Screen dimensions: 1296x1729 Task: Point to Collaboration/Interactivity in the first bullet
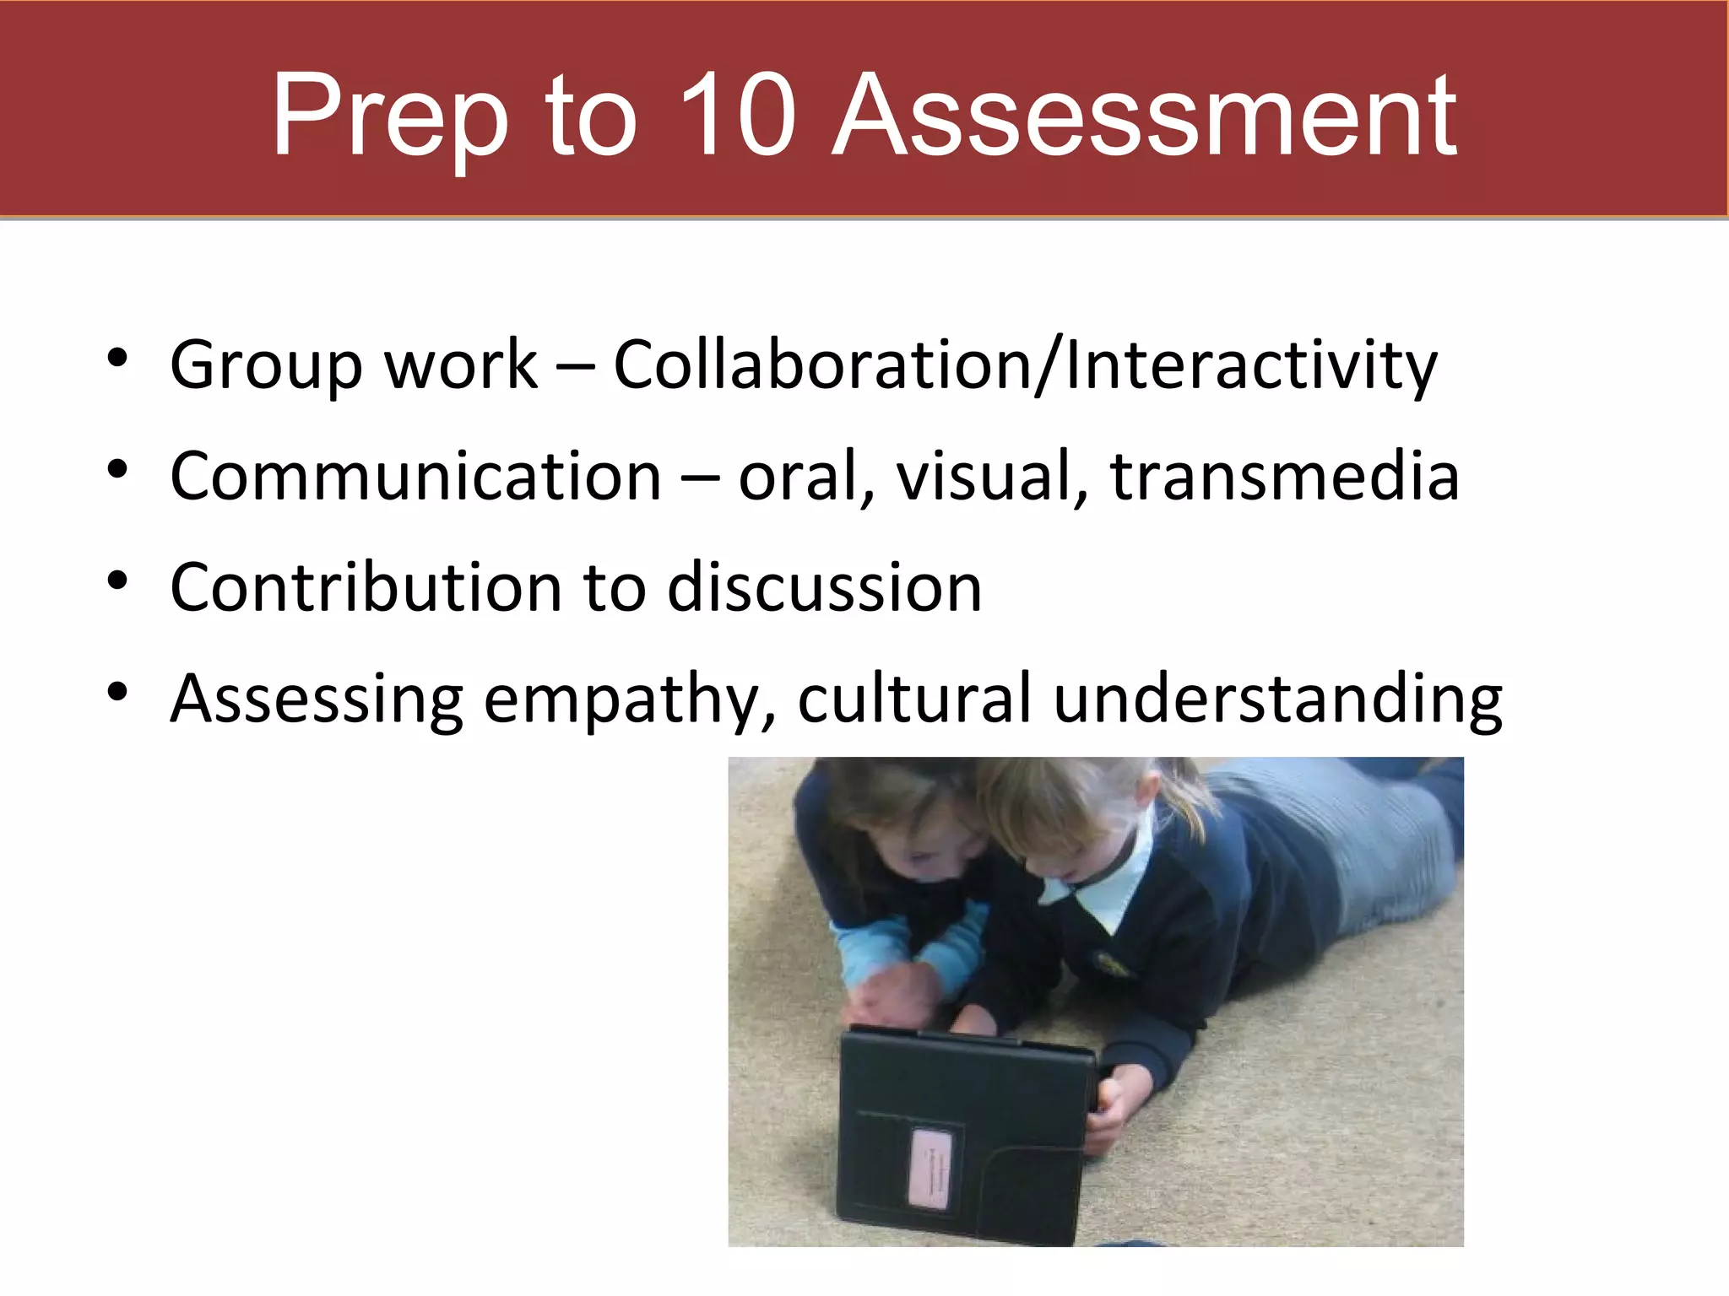pyautogui.click(x=1025, y=364)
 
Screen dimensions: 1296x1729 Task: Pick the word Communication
pyautogui.click(x=415, y=476)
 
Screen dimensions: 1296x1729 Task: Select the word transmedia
pyautogui.click(x=1284, y=476)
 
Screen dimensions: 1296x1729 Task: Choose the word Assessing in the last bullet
pyautogui.click(x=317, y=699)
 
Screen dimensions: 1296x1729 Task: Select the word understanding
pyautogui.click(x=1278, y=700)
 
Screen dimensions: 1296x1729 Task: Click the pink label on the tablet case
pyautogui.click(x=932, y=1169)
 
